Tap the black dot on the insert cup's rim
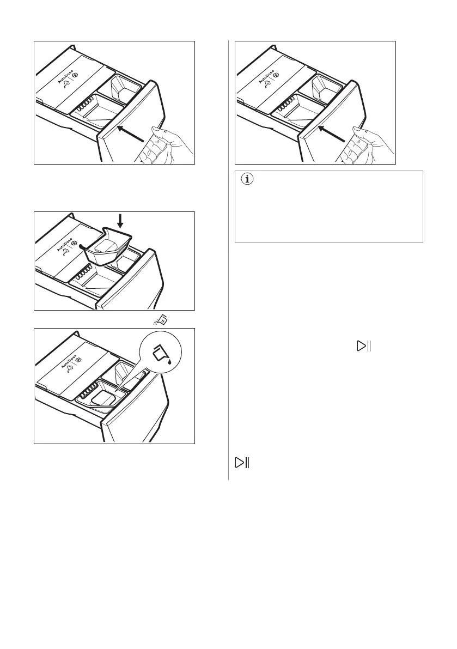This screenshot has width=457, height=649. (x=82, y=246)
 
